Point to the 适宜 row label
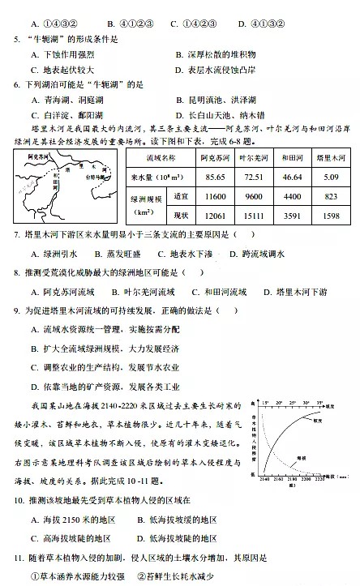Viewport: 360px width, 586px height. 181,197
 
